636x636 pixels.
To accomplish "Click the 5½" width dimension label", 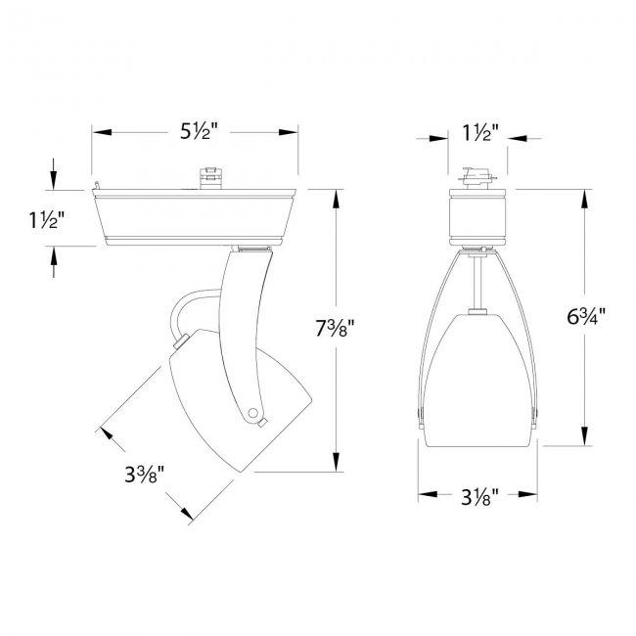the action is [x=199, y=131].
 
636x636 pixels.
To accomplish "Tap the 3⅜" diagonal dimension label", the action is [x=144, y=474].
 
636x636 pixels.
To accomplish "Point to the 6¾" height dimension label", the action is [x=586, y=316].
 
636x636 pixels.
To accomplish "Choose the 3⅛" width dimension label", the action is [x=479, y=496].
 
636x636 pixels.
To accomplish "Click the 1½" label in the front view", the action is [x=480, y=132].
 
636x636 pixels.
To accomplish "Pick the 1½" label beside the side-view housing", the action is [x=47, y=220].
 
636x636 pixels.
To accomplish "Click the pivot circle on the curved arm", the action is [x=252, y=413].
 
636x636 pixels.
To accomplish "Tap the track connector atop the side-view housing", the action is [x=211, y=178].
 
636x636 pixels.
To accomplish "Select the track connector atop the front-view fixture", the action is [x=477, y=178].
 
